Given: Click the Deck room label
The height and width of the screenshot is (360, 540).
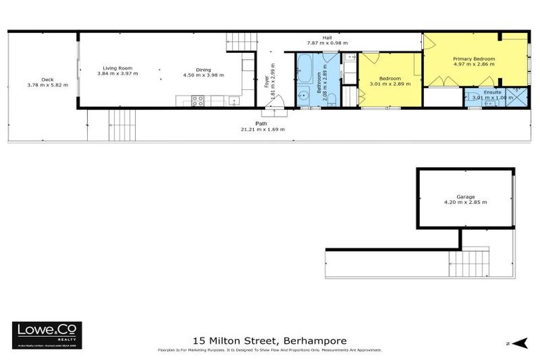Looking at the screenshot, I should (47, 79).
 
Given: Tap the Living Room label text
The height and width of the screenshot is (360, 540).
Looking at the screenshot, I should (117, 68).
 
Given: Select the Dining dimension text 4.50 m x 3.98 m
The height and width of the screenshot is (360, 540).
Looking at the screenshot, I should (203, 75).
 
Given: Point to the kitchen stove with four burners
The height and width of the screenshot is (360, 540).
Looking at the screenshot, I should (198, 101).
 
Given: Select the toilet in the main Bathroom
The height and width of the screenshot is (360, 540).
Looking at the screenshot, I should (304, 97).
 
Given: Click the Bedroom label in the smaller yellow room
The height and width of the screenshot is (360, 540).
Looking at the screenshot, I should (390, 78).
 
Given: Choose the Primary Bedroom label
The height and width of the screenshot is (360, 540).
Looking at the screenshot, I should (474, 58).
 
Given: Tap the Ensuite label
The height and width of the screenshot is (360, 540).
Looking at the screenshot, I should (492, 91).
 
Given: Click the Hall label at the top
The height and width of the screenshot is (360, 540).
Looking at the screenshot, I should (327, 37).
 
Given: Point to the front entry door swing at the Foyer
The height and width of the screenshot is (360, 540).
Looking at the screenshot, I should (272, 110).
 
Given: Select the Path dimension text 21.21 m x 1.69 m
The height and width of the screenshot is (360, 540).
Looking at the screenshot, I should (262, 129).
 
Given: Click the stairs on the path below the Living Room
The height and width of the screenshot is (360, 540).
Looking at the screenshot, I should (122, 125).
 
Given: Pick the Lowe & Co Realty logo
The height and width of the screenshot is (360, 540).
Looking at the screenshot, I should (47, 335).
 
